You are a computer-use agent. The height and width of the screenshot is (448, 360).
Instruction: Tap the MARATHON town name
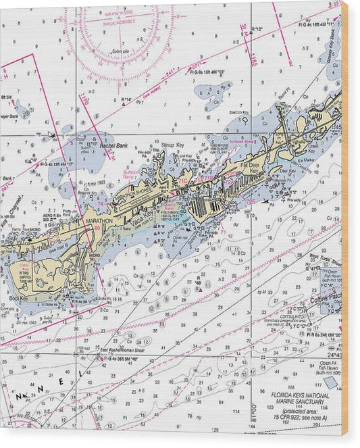point(99,221)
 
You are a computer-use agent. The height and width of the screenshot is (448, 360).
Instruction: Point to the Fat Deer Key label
point(250,167)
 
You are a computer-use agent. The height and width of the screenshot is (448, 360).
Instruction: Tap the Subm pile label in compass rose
point(121,51)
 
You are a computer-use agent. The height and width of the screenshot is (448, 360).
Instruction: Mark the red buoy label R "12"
point(257,28)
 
